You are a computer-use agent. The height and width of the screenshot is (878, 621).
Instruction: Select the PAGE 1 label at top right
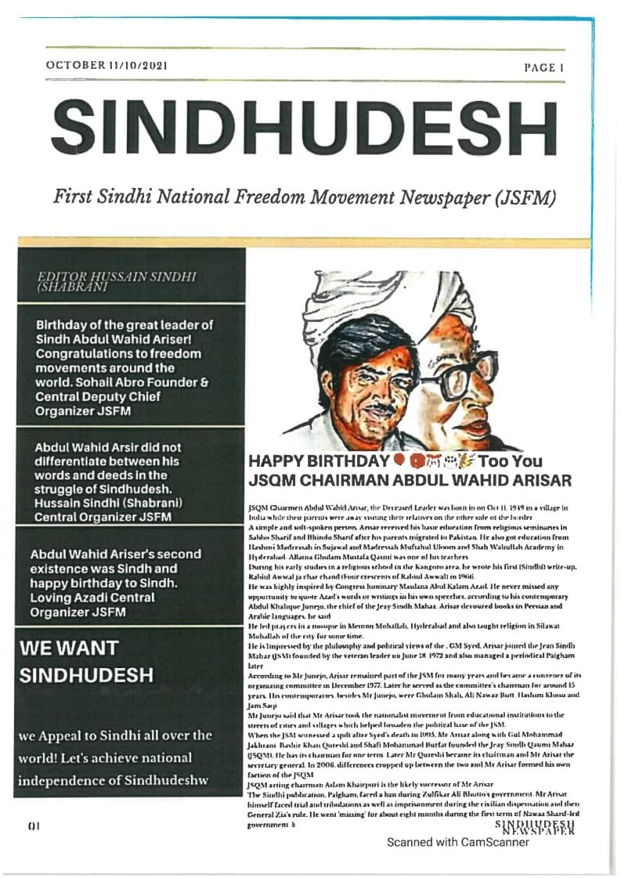coord(543,68)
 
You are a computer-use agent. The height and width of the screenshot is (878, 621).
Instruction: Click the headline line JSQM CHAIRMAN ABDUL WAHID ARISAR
coord(410,479)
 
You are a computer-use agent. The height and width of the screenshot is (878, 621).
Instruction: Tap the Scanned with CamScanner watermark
coord(457,842)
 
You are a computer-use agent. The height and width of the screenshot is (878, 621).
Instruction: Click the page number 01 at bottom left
coord(33,825)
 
